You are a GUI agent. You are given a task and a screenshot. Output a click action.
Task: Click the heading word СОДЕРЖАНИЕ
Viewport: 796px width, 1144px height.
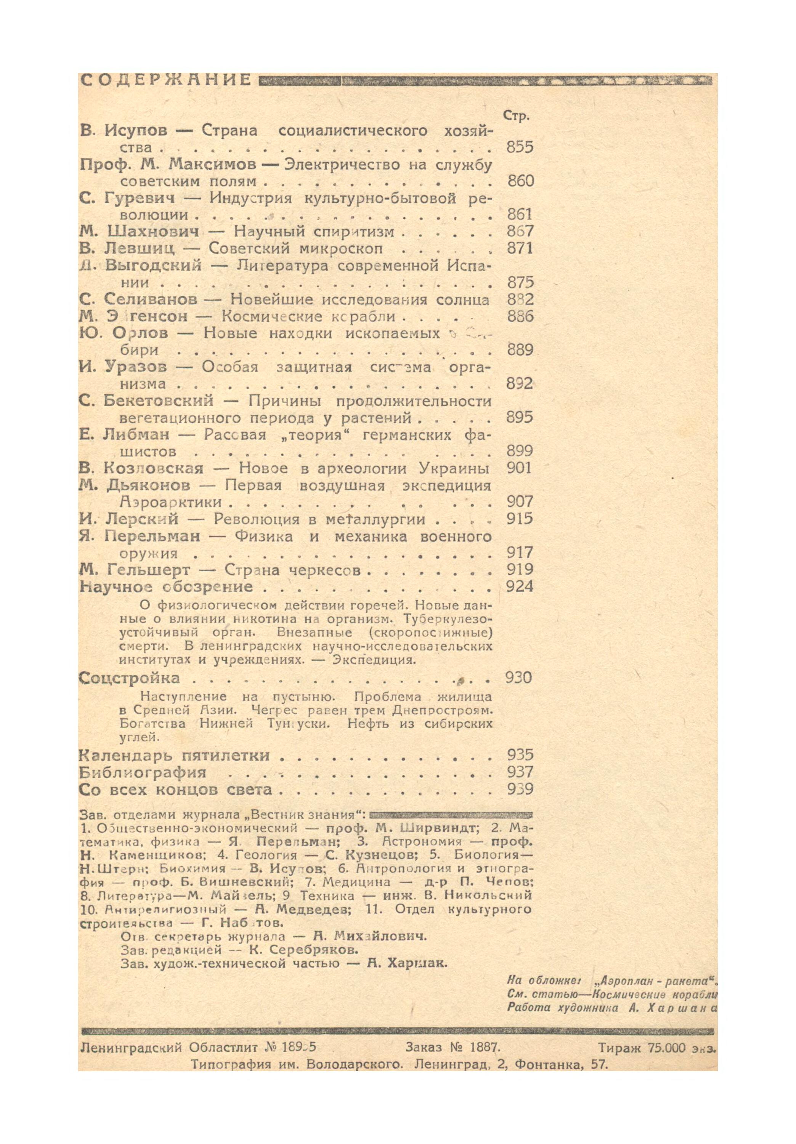click(165, 80)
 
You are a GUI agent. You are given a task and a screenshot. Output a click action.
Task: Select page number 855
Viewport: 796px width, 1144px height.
click(519, 147)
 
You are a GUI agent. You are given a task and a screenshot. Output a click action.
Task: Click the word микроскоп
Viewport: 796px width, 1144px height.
click(341, 248)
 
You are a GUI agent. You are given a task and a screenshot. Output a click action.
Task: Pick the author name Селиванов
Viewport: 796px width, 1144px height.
click(151, 300)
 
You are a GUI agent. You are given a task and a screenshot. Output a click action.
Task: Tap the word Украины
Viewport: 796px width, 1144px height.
click(454, 468)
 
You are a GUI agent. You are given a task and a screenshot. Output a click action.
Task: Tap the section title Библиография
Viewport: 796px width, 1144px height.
click(143, 772)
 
